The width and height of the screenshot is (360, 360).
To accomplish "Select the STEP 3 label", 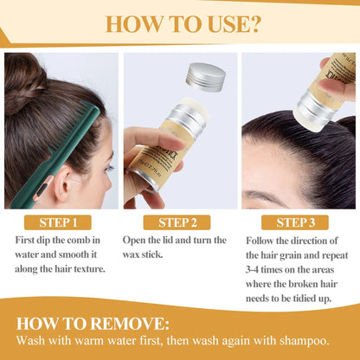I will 297,222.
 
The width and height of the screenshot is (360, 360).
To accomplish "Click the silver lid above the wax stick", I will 206,77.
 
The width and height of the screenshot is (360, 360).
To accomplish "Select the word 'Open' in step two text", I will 140,240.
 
